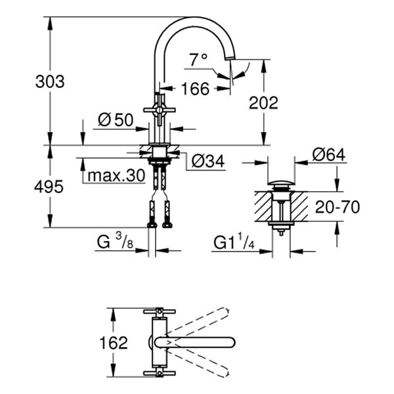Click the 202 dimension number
pos(263,102)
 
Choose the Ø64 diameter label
pos(329,154)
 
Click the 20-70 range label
pos(337,208)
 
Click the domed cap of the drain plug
pos(282,181)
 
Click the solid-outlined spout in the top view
pos(197,342)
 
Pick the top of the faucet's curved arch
pos(196,18)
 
